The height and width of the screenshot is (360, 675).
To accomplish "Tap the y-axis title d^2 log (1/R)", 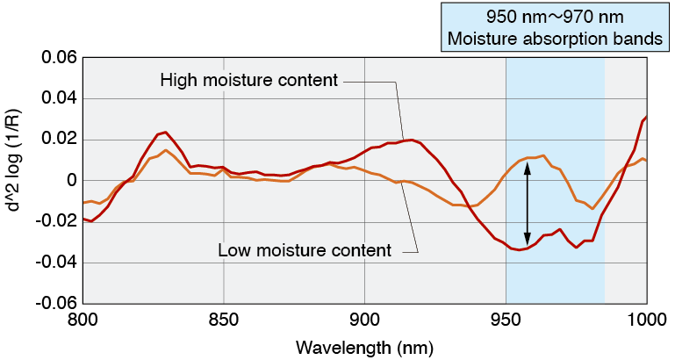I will point(17,181).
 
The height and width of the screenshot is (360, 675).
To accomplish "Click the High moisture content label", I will point(249,82).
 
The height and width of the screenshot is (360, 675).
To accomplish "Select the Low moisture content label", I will point(305,250).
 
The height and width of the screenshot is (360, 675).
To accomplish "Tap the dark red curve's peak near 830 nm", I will point(164,133).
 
